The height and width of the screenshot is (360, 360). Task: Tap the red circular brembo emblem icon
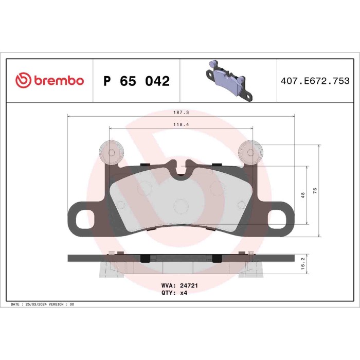(x=24, y=81)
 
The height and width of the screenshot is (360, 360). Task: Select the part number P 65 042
(x=136, y=81)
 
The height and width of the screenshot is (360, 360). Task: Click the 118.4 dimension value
(x=180, y=124)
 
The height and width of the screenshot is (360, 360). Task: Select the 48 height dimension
(x=303, y=195)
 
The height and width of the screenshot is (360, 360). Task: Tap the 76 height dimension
(x=315, y=191)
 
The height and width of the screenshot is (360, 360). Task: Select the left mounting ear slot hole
(x=82, y=219)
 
